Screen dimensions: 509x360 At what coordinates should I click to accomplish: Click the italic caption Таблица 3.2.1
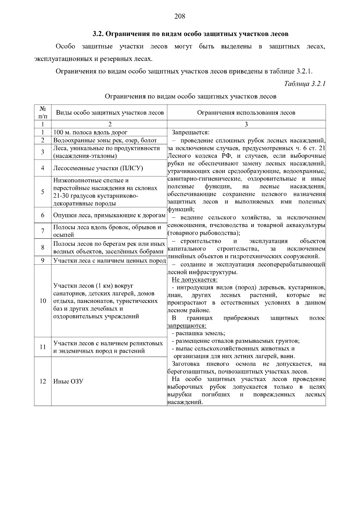[x=305, y=84]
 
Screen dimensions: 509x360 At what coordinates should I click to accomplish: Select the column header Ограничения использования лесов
[x=246, y=113]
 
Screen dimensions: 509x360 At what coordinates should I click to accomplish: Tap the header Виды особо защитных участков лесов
[x=110, y=113]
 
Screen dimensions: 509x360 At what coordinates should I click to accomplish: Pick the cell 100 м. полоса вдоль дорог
[x=90, y=132]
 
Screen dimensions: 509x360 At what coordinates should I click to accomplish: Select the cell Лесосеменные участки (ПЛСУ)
[x=98, y=168]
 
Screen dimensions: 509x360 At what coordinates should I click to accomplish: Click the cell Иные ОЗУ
[x=68, y=382]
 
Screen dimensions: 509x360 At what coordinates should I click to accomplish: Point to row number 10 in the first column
[x=43, y=301]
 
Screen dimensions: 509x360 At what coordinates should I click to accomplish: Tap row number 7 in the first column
[x=43, y=231]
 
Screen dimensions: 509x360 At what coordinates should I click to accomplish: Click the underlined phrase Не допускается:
[x=194, y=280]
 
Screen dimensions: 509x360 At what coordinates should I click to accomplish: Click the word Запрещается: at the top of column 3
[x=191, y=132]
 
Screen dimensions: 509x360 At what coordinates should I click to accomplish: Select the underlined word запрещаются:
[x=187, y=325]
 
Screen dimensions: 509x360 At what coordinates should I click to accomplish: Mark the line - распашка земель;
[x=198, y=333]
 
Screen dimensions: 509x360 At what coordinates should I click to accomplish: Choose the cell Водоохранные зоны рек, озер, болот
[x=105, y=140]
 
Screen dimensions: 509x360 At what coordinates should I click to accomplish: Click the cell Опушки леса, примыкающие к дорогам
[x=109, y=215]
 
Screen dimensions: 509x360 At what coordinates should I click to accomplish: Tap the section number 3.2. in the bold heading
[x=97, y=34]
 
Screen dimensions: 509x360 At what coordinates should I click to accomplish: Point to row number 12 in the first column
[x=43, y=382]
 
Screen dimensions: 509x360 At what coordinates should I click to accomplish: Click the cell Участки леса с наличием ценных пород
[x=109, y=261]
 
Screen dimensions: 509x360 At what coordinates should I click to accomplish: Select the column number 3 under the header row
[x=246, y=124]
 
